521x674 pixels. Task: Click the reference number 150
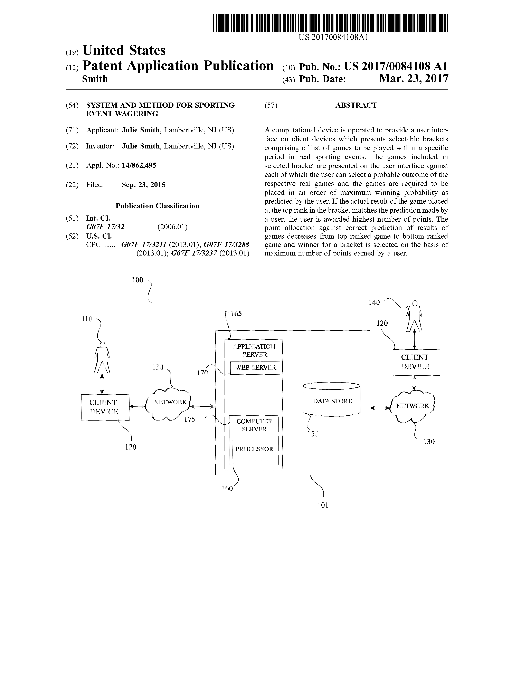tap(313, 434)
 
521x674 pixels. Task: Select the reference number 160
tap(227, 489)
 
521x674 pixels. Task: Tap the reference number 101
tap(323, 505)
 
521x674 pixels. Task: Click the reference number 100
tap(138, 280)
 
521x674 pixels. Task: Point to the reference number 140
tap(374, 302)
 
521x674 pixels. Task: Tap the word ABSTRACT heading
tap(356, 105)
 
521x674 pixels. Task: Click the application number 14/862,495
tap(139, 165)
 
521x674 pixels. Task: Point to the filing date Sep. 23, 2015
tap(143, 185)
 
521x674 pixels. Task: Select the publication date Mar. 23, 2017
tap(414, 79)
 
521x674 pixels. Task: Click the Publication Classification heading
tap(157, 206)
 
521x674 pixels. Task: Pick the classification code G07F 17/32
tap(105, 227)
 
